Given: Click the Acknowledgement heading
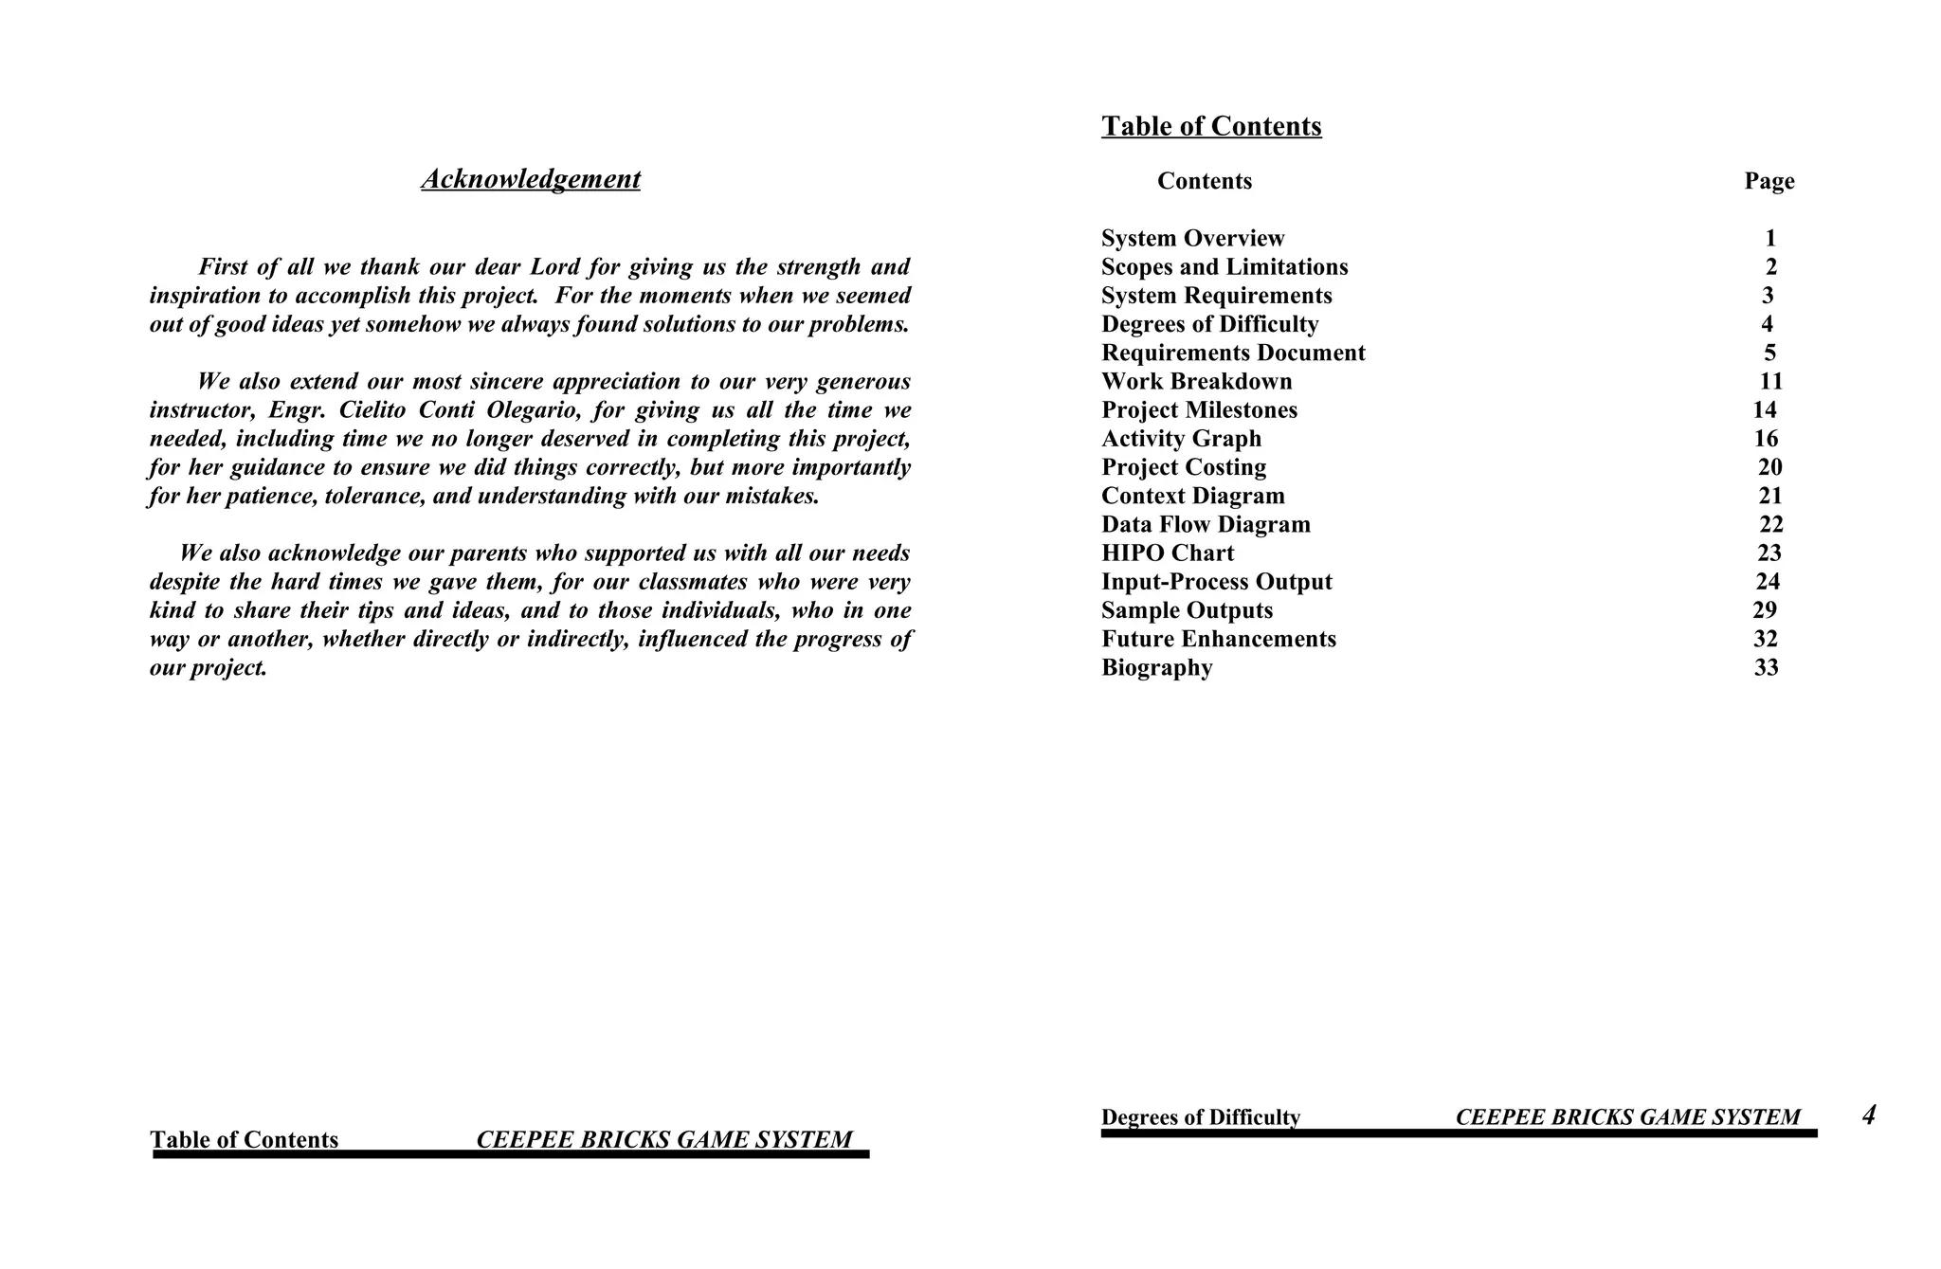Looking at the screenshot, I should tap(531, 179).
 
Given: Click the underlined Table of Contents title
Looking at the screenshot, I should tap(1210, 126).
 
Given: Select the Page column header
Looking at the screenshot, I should tap(1769, 181).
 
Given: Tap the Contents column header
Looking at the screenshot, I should tap(1204, 181).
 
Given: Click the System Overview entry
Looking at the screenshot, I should tap(1192, 239).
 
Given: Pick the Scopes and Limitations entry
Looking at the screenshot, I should tap(1224, 267).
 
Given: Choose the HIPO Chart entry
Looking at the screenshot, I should tap(1168, 553).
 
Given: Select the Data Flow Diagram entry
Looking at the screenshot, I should tap(1206, 525).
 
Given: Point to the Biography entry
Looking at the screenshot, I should tap(1156, 668).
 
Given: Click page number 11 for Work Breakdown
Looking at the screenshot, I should tap(1770, 382).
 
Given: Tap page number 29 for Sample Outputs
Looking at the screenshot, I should tap(1765, 610).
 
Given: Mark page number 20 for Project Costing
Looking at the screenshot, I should tap(1769, 467).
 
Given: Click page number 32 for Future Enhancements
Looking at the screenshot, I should tap(1765, 640).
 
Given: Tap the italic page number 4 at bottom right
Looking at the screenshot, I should tap(1868, 1115).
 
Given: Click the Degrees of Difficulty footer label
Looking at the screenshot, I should tap(1200, 1117).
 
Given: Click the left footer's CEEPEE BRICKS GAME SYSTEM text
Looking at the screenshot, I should tap(663, 1139).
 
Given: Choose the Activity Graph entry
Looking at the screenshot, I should tap(1181, 439).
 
